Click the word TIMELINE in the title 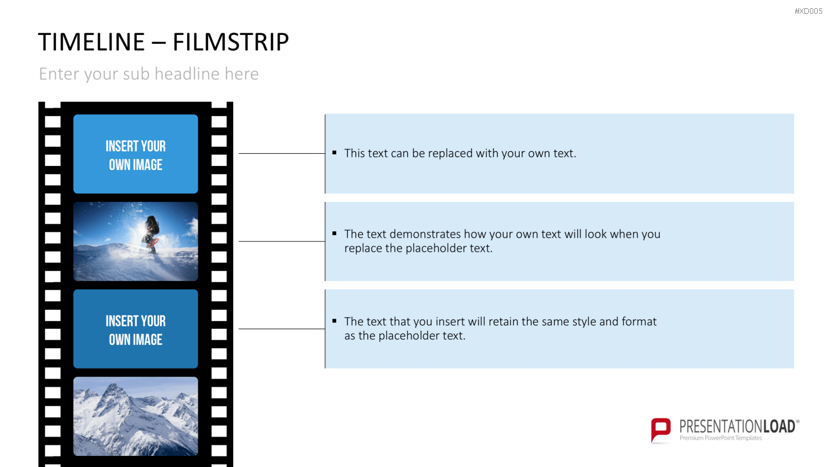tap(91, 41)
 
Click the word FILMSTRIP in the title tap(230, 41)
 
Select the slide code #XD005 tap(808, 11)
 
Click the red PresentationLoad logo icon tap(661, 430)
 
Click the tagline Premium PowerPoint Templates tap(720, 438)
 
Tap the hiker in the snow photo tap(152, 233)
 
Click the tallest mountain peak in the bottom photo tap(113, 389)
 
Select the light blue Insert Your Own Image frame tap(135, 154)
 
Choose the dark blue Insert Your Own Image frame tap(135, 329)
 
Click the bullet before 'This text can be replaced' tap(334, 152)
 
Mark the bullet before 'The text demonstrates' tap(334, 233)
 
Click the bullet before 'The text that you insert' tap(334, 320)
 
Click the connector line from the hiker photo tap(281, 241)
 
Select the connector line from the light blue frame tap(281, 153)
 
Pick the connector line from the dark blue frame tap(281, 329)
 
